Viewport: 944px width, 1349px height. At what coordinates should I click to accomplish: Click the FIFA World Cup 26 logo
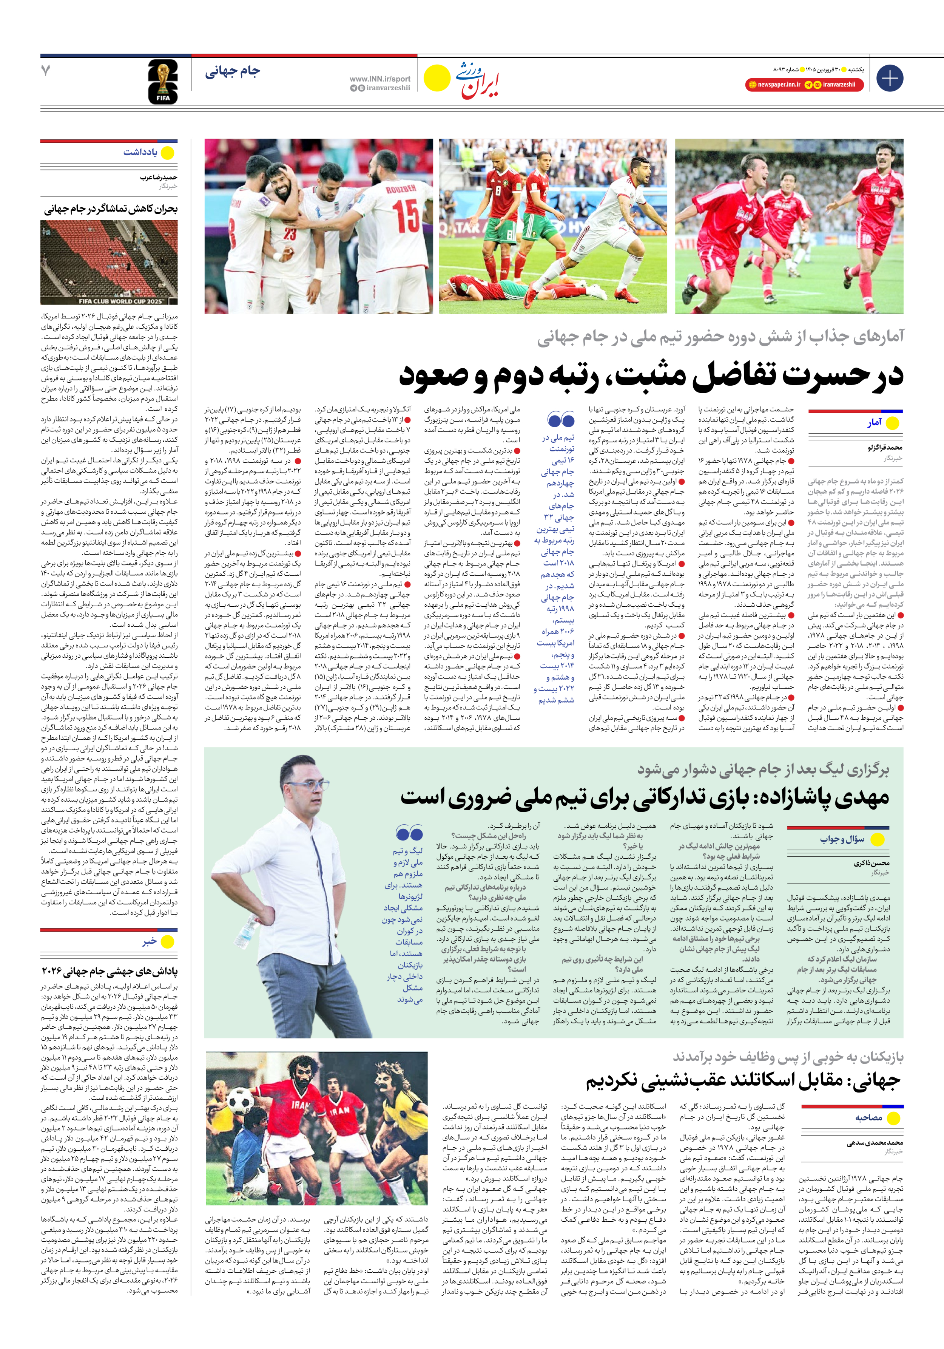click(163, 82)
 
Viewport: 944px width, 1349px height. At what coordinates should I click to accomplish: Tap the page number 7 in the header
click(46, 71)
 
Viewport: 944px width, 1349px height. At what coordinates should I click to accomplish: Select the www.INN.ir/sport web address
click(379, 79)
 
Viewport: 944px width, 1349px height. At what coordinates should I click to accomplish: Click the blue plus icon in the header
click(889, 78)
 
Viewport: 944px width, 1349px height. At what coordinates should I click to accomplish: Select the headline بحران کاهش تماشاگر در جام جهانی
click(110, 209)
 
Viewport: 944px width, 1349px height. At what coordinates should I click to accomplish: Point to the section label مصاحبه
click(868, 1117)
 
